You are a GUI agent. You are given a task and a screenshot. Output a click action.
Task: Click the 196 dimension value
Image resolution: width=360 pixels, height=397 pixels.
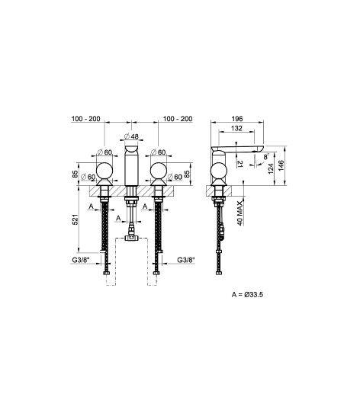coord(237,119)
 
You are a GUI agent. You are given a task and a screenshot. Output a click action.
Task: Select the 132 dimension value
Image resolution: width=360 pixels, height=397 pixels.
coord(236,129)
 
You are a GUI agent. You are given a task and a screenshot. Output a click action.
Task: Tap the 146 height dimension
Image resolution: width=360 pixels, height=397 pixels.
coord(281,165)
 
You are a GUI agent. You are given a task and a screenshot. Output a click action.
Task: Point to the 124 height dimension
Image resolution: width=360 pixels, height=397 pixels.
coord(271,168)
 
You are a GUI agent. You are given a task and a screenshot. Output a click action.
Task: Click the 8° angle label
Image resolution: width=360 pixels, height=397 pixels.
coord(265,156)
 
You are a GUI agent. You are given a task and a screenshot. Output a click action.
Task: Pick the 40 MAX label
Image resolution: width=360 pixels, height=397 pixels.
coord(239,213)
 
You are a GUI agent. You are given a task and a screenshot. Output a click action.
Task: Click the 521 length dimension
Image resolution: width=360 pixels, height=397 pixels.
coord(76,219)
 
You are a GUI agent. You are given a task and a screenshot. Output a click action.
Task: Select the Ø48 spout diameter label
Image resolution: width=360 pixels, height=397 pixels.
coord(131,136)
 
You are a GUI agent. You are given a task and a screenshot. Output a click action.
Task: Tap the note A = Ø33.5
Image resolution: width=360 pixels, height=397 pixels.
coord(247,295)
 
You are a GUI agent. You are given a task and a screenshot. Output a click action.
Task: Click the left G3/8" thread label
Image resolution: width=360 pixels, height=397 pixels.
coord(81,260)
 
